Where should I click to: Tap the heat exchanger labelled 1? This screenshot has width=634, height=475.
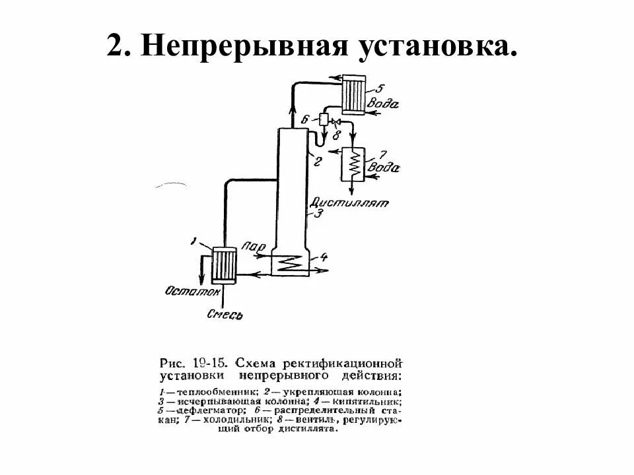pos(225,265)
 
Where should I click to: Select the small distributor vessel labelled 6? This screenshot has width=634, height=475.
pos(324,119)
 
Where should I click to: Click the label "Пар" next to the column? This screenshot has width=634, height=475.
pos(254,247)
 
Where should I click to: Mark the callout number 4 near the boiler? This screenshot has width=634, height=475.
pos(324,256)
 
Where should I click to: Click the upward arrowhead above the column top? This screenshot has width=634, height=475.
pos(293,97)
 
